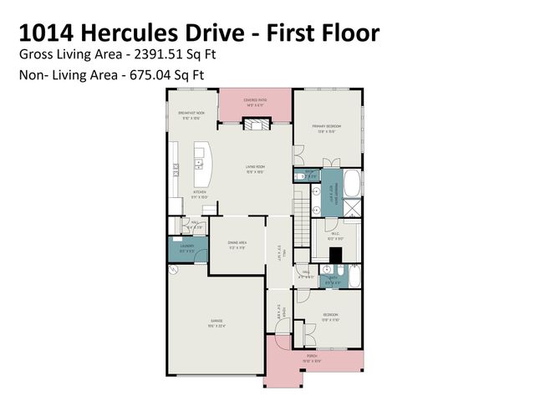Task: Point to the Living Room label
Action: coord(255,170)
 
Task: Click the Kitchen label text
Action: coord(199,194)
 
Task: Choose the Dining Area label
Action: coord(237,244)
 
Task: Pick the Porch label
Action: coord(312,358)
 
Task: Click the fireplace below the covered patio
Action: coord(255,123)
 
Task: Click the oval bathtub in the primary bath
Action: coord(353,182)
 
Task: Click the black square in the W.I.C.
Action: coord(336,256)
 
